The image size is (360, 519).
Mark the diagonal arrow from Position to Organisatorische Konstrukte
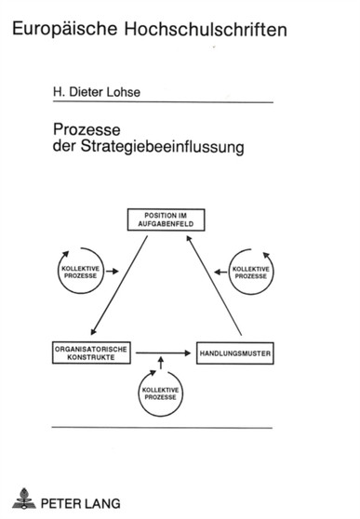tap(118, 286)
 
